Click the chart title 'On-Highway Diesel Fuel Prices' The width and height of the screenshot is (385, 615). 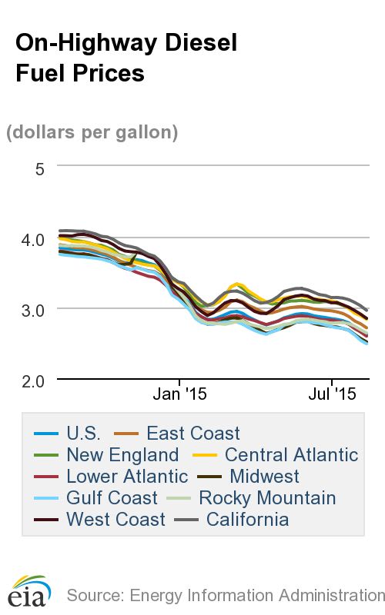[x=126, y=58]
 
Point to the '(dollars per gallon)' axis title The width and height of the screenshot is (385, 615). [x=92, y=132]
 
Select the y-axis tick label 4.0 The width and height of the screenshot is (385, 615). [x=35, y=239]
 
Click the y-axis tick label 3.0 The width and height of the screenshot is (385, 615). [x=35, y=310]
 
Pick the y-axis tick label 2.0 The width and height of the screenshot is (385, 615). [x=35, y=381]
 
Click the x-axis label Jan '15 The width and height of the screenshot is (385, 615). [x=179, y=395]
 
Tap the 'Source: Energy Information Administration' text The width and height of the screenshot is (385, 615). [x=225, y=595]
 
